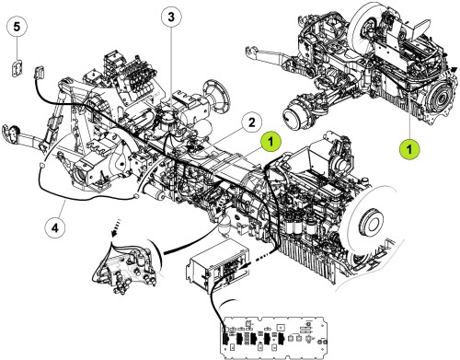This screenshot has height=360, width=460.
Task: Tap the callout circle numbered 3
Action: [x=171, y=17]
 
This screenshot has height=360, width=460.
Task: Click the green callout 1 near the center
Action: [x=272, y=142]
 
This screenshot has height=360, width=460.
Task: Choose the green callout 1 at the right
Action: [x=408, y=145]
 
